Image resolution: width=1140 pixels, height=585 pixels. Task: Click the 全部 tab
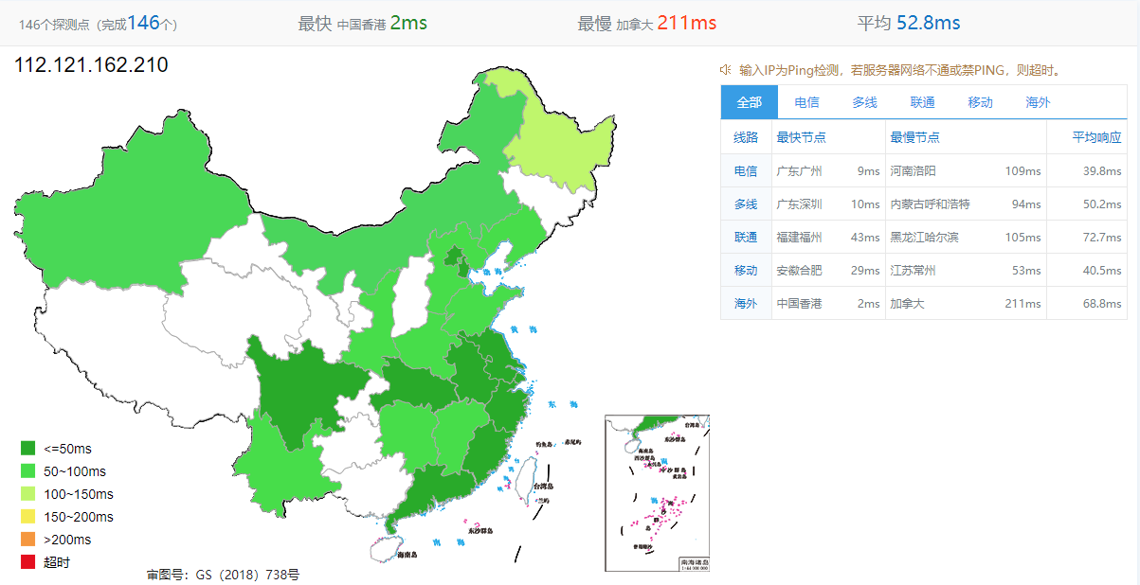coord(749,102)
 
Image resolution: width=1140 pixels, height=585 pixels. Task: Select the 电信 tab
coord(806,102)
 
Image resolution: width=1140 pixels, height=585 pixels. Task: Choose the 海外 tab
coord(1038,102)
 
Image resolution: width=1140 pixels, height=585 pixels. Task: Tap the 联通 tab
coord(922,102)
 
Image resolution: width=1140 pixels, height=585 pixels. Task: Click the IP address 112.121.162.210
coord(91,65)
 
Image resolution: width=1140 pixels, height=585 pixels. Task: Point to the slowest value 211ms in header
coord(686,23)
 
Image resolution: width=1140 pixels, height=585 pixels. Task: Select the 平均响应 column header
coord(1096,137)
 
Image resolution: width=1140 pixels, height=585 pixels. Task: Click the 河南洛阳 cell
coord(913,171)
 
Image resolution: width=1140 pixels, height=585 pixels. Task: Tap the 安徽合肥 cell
coord(799,271)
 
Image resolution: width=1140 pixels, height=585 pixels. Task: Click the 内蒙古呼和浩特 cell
coord(931,204)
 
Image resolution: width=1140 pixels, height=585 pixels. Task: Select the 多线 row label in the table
coord(746,204)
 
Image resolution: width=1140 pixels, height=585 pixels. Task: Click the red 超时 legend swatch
coord(27,562)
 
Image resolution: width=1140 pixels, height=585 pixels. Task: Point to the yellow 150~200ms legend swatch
coord(27,517)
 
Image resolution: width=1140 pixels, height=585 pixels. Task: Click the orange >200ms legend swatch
coord(27,540)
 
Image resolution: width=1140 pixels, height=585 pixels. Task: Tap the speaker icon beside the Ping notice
coord(726,69)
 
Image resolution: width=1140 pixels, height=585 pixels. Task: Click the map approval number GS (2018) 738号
coord(224,575)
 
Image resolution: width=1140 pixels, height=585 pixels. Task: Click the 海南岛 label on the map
coord(408,554)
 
